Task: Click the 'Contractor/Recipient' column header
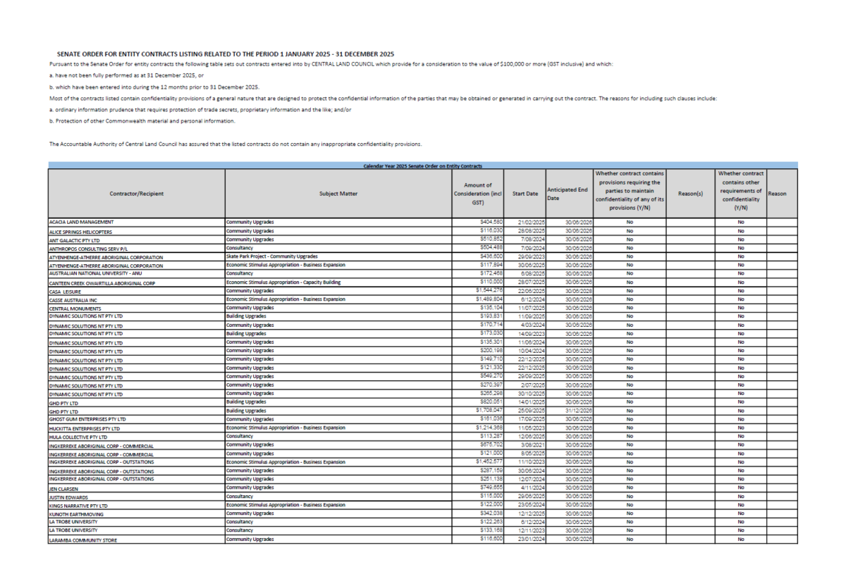tap(136, 194)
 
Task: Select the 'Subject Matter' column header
tap(338, 194)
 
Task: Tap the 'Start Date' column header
tap(526, 194)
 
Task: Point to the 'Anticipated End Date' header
tap(568, 194)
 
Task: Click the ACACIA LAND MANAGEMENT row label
tap(81, 223)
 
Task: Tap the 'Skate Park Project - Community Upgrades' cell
tap(272, 257)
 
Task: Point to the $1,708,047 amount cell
tap(486, 410)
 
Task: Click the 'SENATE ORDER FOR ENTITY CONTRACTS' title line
tap(226, 54)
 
